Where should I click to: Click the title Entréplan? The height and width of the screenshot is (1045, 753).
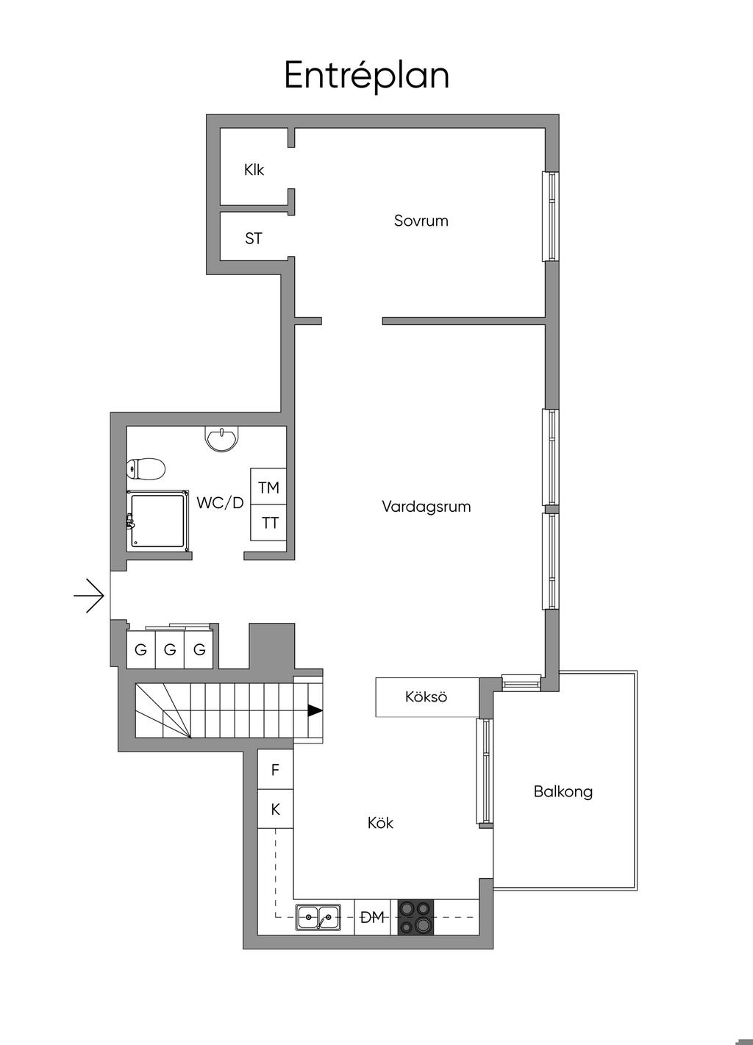point(366,76)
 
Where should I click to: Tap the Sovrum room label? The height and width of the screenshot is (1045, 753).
point(421,221)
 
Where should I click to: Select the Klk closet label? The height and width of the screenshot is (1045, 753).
point(254,170)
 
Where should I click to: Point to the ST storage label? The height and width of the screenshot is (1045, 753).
point(253,239)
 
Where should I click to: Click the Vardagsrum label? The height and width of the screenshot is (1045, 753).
point(426,507)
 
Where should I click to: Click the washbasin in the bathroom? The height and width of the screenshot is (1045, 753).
point(221,439)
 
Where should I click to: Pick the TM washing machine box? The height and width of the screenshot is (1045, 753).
point(268,487)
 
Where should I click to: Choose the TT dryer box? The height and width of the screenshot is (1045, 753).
point(270,523)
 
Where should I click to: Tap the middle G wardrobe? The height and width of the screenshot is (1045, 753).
point(170,650)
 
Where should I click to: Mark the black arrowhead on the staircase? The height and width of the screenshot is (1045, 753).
point(315,710)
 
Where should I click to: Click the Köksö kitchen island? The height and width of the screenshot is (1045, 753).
point(426,696)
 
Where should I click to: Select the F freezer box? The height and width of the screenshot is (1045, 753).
point(276,770)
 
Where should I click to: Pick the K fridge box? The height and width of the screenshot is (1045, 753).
point(276,810)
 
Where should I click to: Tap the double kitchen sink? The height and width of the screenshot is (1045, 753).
point(318,917)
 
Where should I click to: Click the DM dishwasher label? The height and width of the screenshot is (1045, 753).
point(374,917)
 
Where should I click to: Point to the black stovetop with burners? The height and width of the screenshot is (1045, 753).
point(416,917)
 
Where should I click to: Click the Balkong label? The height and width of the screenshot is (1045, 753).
point(563,792)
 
